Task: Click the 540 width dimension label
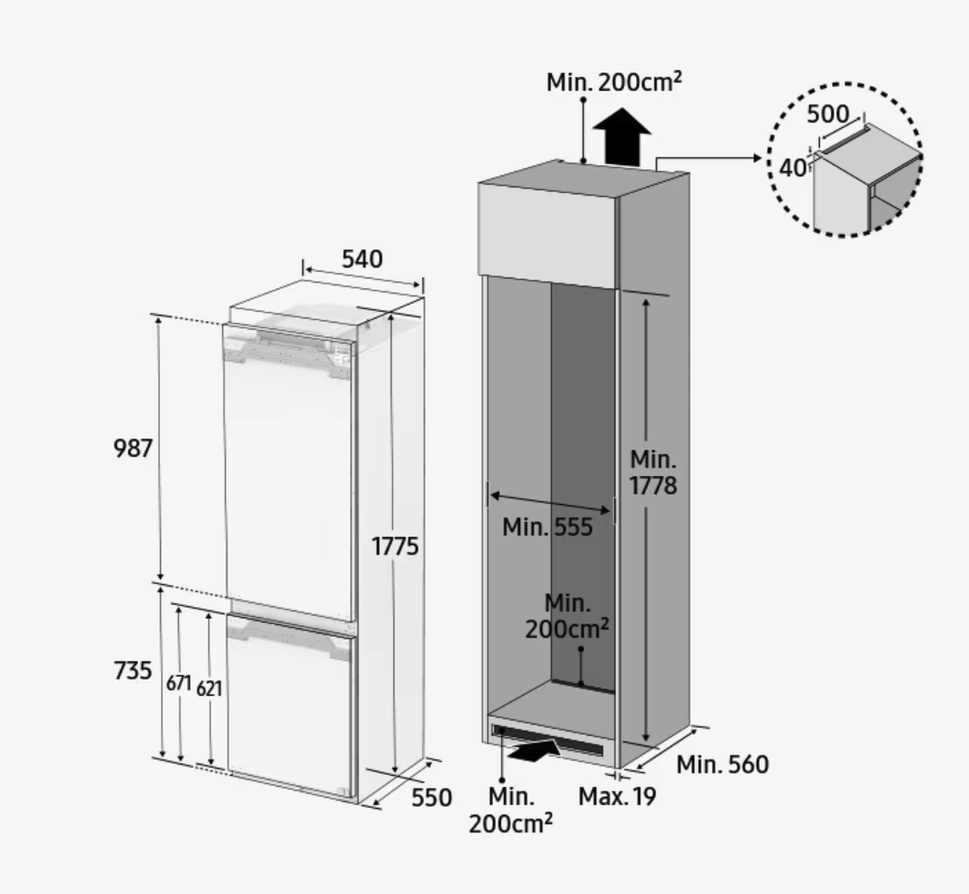[362, 259]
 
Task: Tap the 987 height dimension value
[133, 449]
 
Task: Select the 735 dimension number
[133, 670]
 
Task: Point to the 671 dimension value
[179, 684]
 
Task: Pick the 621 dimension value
[209, 688]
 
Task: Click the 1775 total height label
[395, 546]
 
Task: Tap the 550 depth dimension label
[432, 798]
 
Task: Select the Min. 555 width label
[548, 527]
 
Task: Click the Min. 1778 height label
[653, 473]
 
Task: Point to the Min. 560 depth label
[722, 765]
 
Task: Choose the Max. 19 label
[616, 796]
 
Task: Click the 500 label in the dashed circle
[829, 114]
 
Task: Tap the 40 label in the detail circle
[792, 168]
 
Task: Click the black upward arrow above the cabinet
[622, 136]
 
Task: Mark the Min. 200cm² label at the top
[614, 82]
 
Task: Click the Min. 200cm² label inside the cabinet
[567, 616]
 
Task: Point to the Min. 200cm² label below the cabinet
[510, 810]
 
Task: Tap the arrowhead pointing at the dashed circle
[758, 158]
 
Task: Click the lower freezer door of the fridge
[290, 704]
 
